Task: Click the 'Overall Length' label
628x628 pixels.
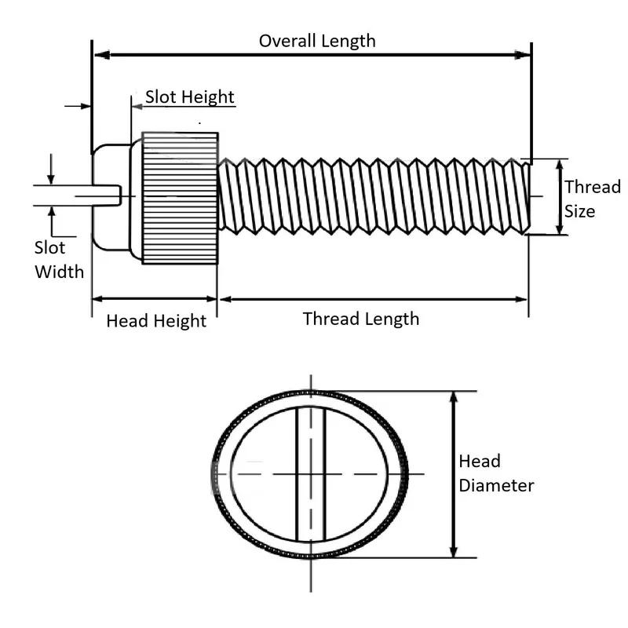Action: [x=317, y=41]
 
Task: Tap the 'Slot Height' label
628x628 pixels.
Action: [x=189, y=97]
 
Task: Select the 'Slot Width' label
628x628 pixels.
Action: [x=58, y=260]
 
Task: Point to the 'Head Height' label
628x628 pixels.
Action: [x=156, y=320]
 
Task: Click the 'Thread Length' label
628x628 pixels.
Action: [x=360, y=319]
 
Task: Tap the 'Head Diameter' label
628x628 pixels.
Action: [x=496, y=473]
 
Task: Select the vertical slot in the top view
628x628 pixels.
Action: [x=310, y=473]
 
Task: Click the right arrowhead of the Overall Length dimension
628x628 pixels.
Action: [x=524, y=54]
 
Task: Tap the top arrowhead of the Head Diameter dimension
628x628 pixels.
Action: [x=453, y=397]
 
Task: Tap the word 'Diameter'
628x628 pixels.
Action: [x=496, y=485]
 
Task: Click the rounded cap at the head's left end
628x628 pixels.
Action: [x=100, y=195]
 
